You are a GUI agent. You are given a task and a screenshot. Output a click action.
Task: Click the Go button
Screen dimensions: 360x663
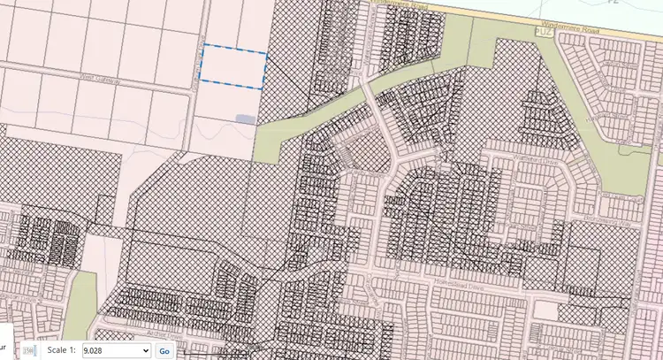click(164, 351)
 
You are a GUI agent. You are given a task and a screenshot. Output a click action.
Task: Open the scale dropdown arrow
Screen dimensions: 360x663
click(145, 351)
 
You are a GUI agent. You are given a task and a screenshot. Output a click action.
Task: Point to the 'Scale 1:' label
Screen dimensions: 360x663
click(61, 351)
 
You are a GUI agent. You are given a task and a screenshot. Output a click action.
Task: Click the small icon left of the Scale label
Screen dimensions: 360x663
click(27, 351)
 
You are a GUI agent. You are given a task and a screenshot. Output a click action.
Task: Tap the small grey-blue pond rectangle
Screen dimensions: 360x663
click(245, 119)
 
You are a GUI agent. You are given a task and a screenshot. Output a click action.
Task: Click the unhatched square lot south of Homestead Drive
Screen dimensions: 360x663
click(551, 310)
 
